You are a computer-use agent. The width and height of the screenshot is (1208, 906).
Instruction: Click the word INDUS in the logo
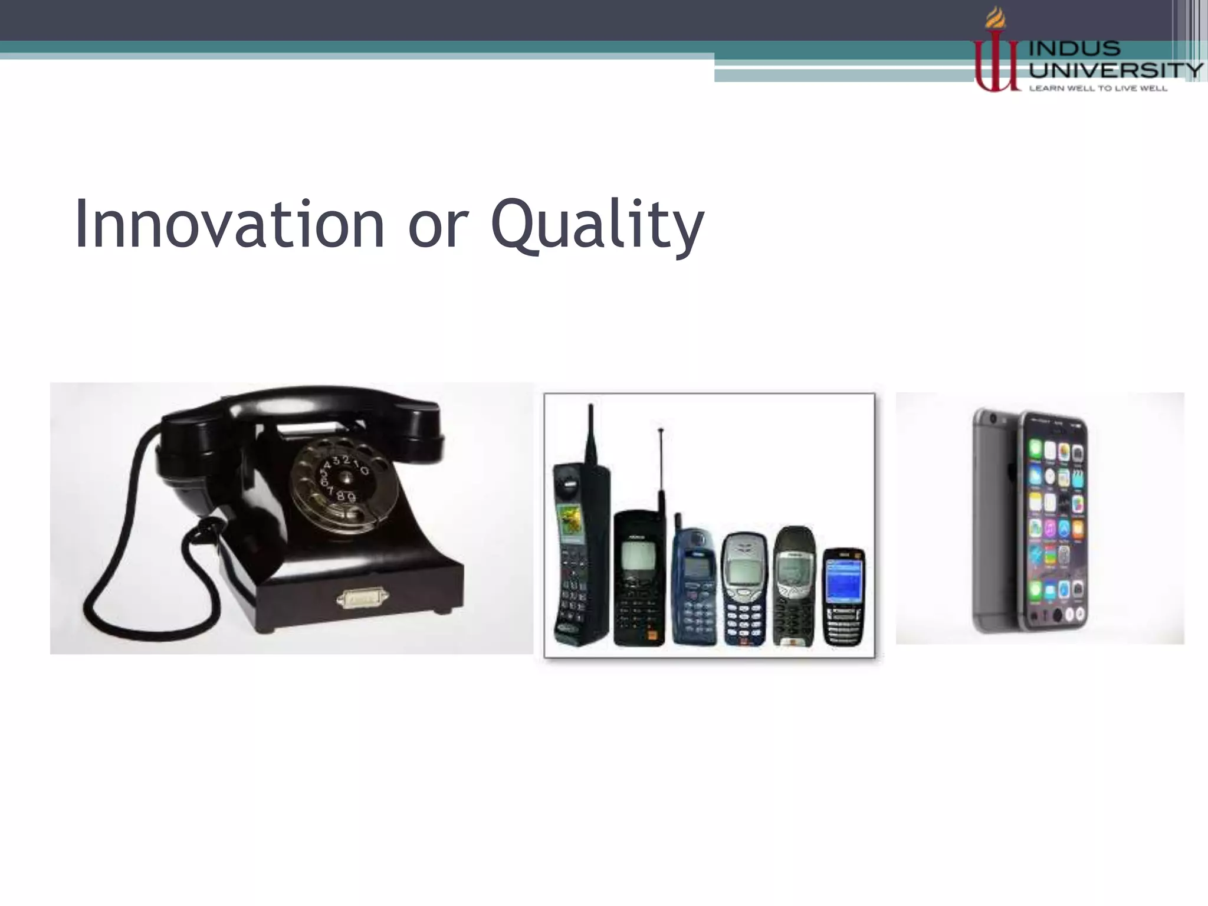[x=1075, y=48]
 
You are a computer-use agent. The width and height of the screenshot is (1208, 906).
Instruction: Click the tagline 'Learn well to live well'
[x=1098, y=88]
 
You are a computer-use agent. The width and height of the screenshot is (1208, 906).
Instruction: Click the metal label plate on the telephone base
[x=362, y=599]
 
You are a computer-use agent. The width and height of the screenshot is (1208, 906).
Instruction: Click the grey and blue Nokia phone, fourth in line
[x=744, y=590]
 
